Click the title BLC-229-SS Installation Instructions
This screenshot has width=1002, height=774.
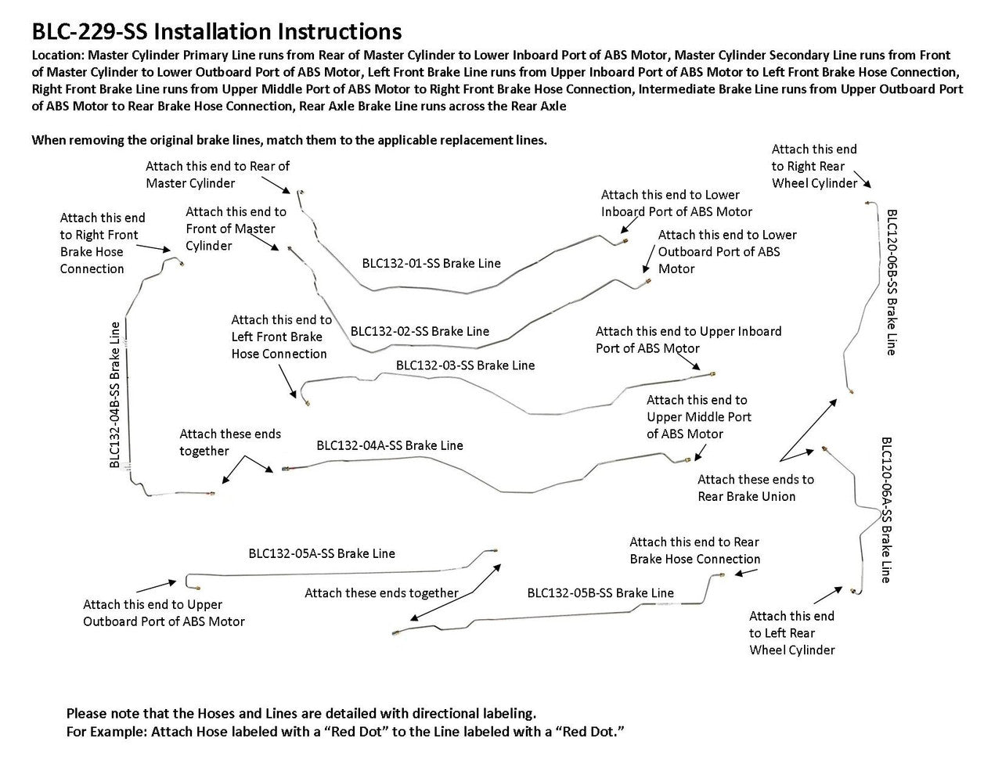tap(216, 31)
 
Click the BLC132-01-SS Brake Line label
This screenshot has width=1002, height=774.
tap(431, 264)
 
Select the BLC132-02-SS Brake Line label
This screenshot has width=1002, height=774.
tap(420, 331)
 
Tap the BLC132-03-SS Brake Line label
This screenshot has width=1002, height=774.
tap(465, 365)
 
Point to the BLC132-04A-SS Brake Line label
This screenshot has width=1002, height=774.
tap(390, 445)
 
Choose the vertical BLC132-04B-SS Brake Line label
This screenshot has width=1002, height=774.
tap(115, 395)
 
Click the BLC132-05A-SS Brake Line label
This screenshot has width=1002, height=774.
tap(322, 553)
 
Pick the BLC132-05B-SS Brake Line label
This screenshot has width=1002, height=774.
tap(600, 592)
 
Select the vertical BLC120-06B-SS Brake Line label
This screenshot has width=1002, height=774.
tap(891, 282)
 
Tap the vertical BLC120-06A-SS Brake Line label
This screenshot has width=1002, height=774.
tap(886, 509)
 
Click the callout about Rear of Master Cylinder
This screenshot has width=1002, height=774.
tap(217, 175)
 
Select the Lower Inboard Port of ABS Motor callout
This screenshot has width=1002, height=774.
tap(676, 203)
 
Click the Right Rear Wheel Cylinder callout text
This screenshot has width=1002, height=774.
tap(814, 166)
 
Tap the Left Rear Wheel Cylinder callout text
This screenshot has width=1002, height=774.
tap(791, 633)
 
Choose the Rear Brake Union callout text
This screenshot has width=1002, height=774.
tap(755, 488)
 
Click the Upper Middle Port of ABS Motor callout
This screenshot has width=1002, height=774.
tap(698, 417)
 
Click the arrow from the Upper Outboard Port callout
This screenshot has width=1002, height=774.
tap(157, 586)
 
